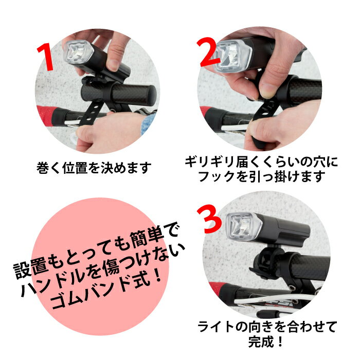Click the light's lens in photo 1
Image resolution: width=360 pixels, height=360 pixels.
tap(79, 52)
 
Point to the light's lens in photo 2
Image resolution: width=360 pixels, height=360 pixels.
tap(231, 56)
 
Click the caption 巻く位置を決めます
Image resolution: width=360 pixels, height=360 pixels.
tap(94, 168)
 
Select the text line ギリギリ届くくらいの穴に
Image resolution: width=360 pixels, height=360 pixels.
tap(261, 162)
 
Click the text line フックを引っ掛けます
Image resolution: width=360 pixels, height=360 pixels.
tap(261, 176)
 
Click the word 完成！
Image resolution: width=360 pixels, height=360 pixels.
tap(266, 341)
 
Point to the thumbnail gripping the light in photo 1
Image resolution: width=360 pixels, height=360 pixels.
tap(113, 65)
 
